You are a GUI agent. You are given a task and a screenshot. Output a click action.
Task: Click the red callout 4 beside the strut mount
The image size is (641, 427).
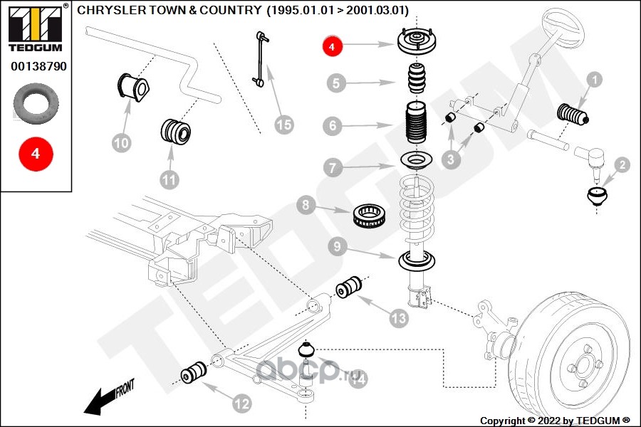tap(333, 47)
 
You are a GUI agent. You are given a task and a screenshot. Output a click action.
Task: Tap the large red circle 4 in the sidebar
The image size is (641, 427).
tap(36, 154)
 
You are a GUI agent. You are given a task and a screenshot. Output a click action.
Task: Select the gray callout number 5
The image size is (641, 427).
tap(338, 83)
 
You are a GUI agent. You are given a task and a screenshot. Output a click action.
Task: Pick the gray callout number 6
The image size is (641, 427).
tap(333, 127)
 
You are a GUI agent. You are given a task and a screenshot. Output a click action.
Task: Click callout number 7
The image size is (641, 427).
tap(333, 168)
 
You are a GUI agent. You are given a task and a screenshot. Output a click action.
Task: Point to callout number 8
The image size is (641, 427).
tap(306, 206)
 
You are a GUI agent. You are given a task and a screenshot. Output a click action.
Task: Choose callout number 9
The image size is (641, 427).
tap(338, 247)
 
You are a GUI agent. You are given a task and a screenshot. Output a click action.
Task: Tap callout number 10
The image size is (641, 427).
tap(122, 143)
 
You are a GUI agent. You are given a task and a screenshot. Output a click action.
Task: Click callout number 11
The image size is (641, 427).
tap(168, 180)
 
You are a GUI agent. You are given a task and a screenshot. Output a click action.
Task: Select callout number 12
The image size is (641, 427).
tap(242, 404)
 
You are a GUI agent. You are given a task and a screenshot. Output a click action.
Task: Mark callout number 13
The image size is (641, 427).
tap(398, 318)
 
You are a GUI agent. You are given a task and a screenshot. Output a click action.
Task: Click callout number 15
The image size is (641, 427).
tap(283, 125)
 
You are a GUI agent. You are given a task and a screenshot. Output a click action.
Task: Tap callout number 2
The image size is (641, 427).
tap(621, 166)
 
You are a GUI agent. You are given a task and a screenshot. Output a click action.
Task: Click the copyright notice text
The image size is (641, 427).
tap(556, 420)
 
